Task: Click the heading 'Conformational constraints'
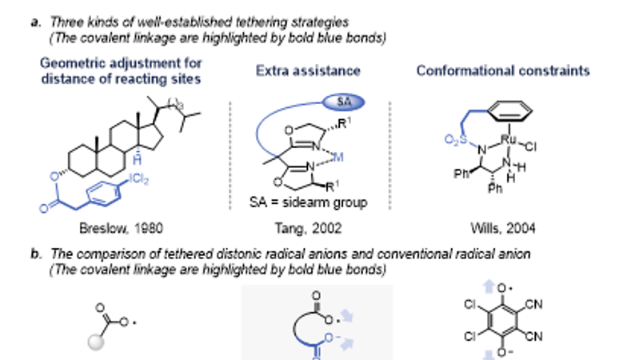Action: [x=503, y=71]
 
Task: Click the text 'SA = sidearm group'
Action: [x=318, y=202]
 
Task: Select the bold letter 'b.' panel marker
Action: [x=35, y=253]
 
